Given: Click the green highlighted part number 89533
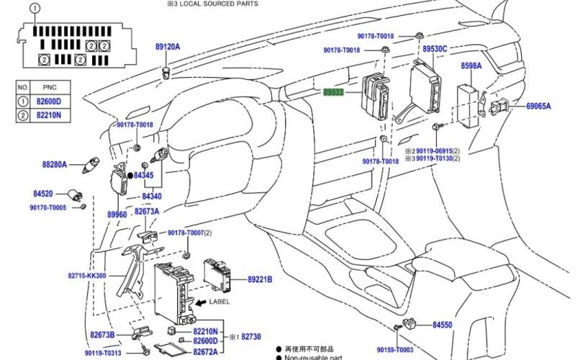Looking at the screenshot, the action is tap(333, 92).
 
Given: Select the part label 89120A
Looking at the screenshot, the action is tap(167, 47).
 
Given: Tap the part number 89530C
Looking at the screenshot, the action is tap(435, 49).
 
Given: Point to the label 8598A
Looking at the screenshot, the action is tap(471, 66).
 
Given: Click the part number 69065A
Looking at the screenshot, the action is tap(538, 107).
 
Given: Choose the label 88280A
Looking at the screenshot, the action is tap(54, 164).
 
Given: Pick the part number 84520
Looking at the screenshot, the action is tap(43, 194).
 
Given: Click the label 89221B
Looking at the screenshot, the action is tap(260, 279).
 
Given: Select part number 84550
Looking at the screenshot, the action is tap(442, 325).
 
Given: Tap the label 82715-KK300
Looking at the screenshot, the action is tap(87, 276).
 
